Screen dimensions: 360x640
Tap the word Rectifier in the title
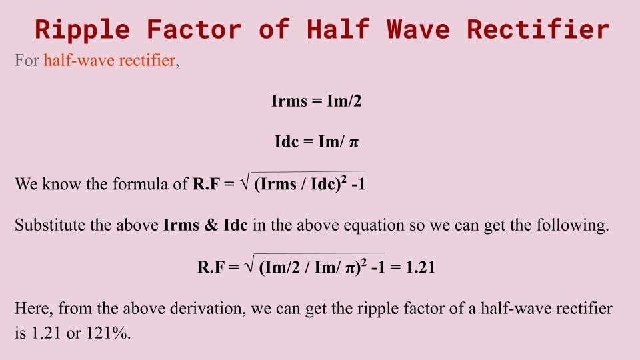(538, 29)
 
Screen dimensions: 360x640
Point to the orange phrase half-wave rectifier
(110, 62)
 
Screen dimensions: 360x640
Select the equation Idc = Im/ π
(317, 142)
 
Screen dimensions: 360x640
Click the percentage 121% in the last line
(107, 333)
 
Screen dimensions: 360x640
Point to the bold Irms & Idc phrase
(205, 225)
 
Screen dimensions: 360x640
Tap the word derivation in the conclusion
(200, 309)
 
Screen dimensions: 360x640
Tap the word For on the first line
(27, 62)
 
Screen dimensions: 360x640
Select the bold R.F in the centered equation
(211, 267)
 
